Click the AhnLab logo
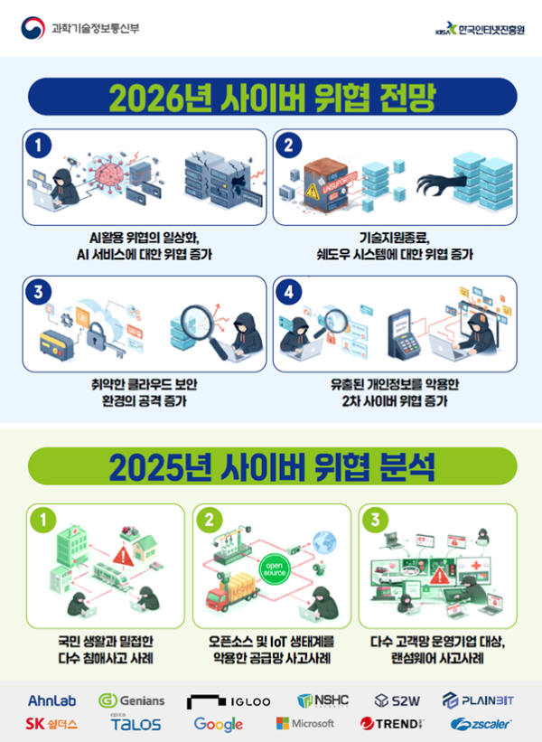pyautogui.click(x=51, y=700)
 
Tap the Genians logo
pyautogui.click(x=132, y=700)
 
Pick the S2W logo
pyautogui.click(x=398, y=700)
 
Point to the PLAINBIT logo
pyautogui.click(x=479, y=700)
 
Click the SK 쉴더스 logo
pyautogui.click(x=51, y=724)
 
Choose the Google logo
pyautogui.click(x=219, y=724)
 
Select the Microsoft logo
pyautogui.click(x=305, y=723)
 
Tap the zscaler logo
pyautogui.click(x=481, y=724)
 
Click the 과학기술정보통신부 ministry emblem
pyautogui.click(x=33, y=27)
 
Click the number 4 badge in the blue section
pyautogui.click(x=289, y=292)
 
